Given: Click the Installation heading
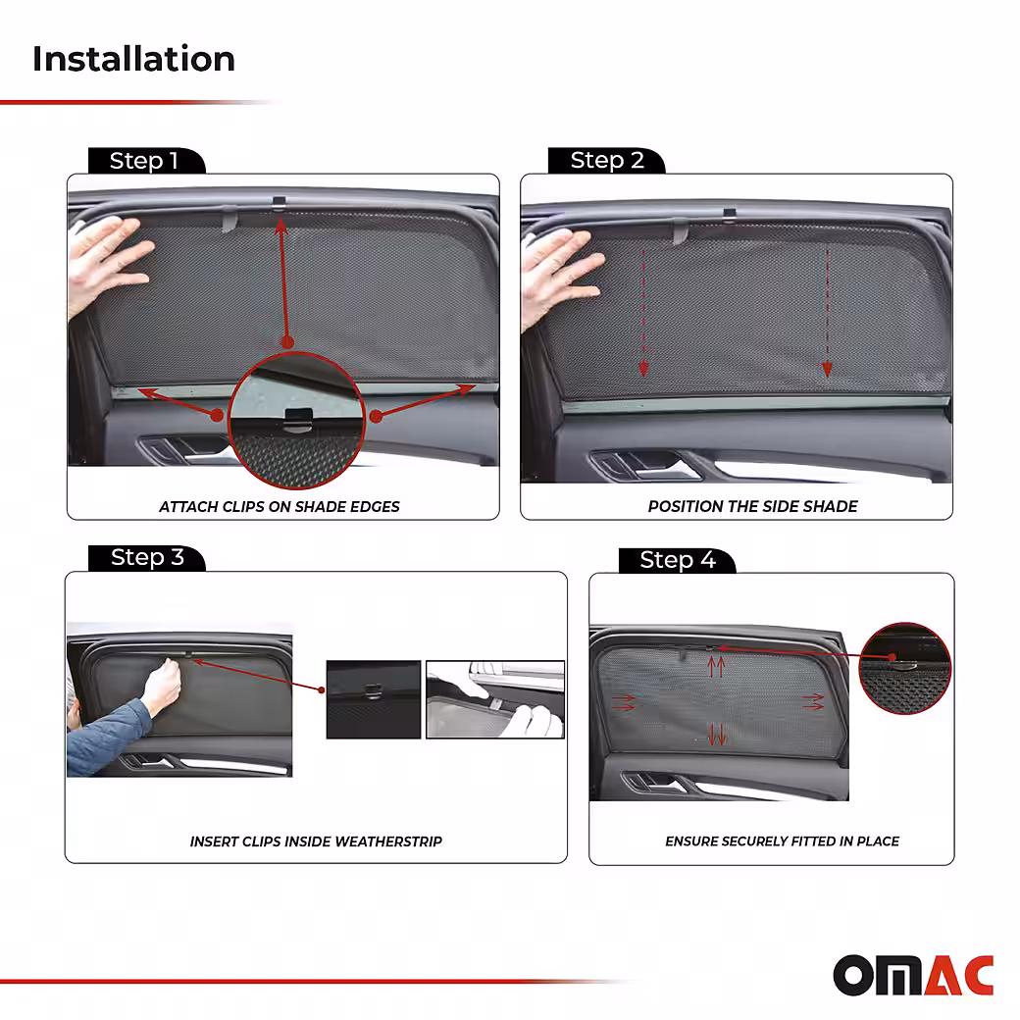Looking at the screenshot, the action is pos(133,59).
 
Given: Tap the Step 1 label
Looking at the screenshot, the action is pos(144,160).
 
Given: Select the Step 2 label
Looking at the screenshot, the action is pos(607,160).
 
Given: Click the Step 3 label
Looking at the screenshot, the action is pos(147,557).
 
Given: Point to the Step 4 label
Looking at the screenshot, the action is pos(677,559).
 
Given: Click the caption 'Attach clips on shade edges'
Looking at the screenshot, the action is pos(280,507).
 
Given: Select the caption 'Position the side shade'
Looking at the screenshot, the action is pos(752,506).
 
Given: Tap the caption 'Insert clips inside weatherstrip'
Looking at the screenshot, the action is pos(316,841).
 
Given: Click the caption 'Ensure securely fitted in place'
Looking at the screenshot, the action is pos(782,841).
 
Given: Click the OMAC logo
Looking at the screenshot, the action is pos(913,975).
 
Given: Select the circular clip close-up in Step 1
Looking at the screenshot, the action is pos(296,420).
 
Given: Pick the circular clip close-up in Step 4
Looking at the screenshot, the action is pos(905,668).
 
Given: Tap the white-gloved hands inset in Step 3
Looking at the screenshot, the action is pos(495,699).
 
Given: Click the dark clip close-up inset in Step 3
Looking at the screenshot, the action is pos(374,699).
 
